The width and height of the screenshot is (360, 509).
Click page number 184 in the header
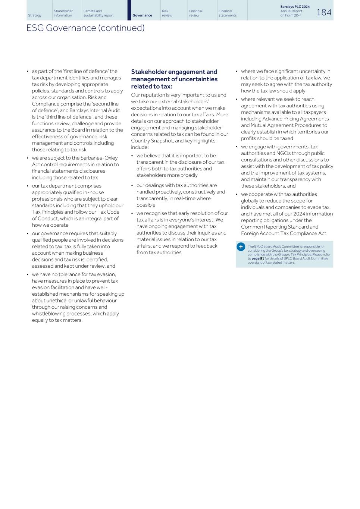click(x=323, y=12)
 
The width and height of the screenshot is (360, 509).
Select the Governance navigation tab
click(x=142, y=15)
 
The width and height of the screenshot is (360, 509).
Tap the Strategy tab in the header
click(x=35, y=15)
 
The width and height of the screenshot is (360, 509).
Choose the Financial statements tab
click(x=228, y=13)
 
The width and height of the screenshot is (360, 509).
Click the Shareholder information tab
click(x=63, y=13)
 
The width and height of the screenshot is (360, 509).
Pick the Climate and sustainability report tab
click(x=98, y=13)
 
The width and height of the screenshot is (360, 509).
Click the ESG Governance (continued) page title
click(x=85, y=28)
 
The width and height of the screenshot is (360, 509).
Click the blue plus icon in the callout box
click(x=241, y=247)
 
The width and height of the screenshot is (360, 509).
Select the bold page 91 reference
click(x=257, y=258)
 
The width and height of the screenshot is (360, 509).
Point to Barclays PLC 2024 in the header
click(x=295, y=7)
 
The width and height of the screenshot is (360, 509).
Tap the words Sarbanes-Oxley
click(x=99, y=158)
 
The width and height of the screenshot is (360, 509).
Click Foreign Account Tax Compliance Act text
click(x=284, y=233)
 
